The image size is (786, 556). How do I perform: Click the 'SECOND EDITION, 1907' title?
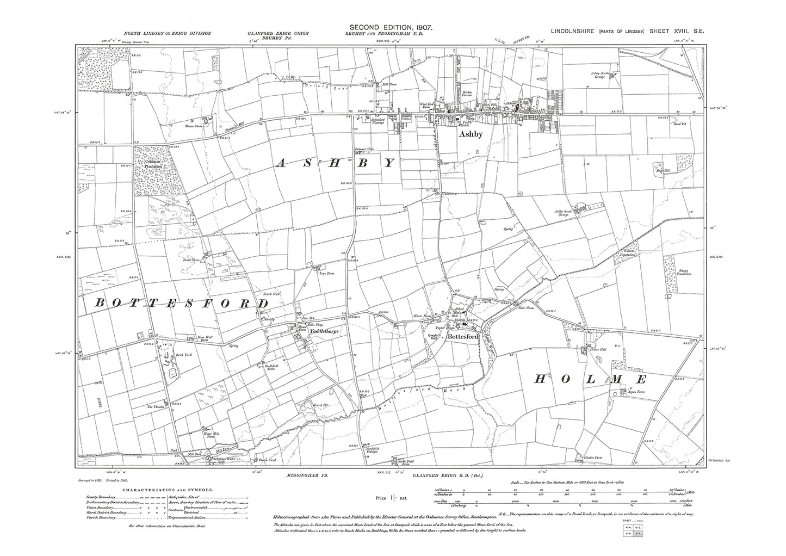click(x=391, y=27)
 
